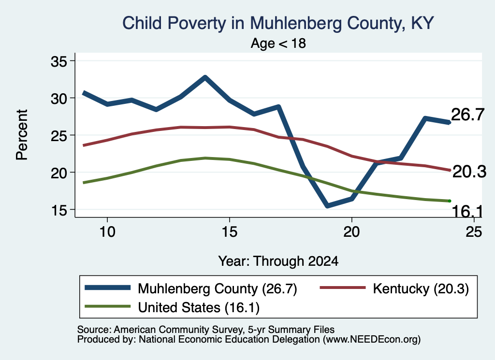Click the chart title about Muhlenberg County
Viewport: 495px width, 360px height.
tap(278, 23)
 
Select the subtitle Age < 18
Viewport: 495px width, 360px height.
tap(278, 43)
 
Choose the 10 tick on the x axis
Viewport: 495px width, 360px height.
tap(107, 232)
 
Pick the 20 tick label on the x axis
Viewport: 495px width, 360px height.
tap(351, 232)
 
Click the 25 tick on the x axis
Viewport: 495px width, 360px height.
tap(474, 232)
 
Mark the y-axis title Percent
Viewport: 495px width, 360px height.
tap(22, 135)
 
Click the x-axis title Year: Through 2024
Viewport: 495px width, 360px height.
tap(278, 261)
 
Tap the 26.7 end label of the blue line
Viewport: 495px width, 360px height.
tap(467, 114)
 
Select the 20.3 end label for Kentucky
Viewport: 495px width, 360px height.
tap(469, 172)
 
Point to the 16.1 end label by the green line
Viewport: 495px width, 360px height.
tap(467, 211)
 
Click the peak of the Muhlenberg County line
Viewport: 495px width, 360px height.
tap(205, 77)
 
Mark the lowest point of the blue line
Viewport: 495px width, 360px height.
tap(327, 206)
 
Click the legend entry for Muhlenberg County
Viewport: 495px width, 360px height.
tap(191, 288)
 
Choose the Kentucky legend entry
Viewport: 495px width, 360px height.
tap(394, 288)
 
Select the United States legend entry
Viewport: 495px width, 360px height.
tap(172, 307)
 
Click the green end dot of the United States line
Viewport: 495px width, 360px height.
tap(449, 201)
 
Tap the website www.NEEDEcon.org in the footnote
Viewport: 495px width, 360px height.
tap(372, 340)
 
